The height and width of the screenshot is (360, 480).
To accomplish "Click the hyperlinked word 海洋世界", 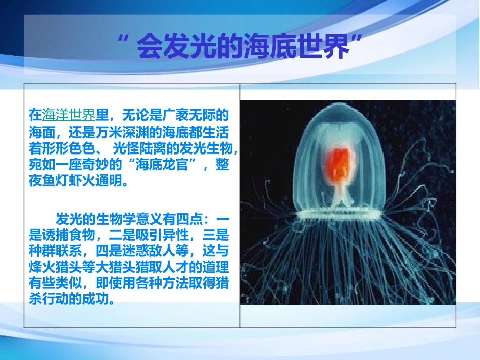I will tap(68, 115).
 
